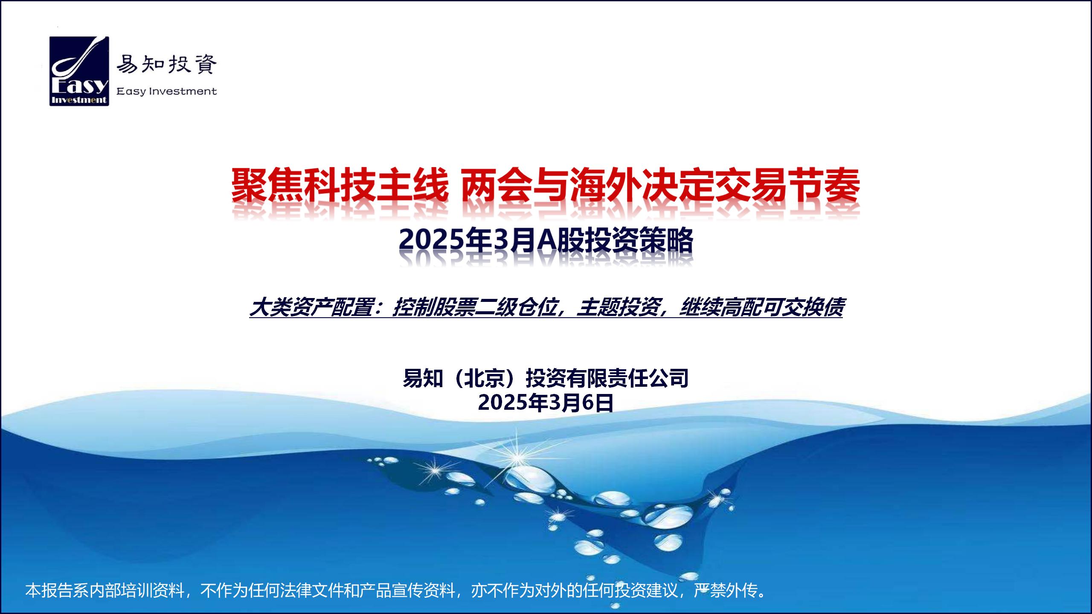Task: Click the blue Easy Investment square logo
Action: coord(79,71)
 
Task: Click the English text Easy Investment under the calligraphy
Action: coord(166,91)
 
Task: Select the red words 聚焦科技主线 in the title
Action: coord(340,185)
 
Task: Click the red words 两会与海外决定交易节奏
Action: coord(661,185)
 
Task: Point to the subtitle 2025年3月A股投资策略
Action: coord(546,241)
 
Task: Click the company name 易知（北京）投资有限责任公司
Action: coord(546,378)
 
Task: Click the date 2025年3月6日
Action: coord(546,403)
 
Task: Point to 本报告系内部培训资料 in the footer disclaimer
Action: coord(105,591)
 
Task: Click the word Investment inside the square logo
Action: coord(79,100)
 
